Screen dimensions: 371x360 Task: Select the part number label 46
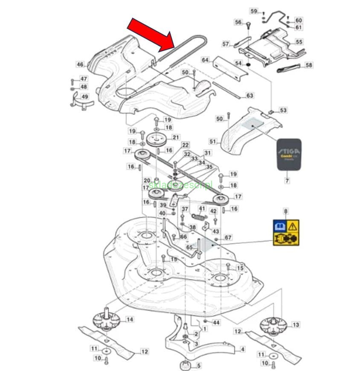[80, 64]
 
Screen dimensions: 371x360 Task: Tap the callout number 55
[299, 42]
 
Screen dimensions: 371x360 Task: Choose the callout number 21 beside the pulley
[175, 137]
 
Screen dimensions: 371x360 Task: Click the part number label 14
[129, 319]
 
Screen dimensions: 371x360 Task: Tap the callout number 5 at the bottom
[199, 365]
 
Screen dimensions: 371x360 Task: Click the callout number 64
[206, 60]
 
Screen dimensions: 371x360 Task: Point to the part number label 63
[250, 95]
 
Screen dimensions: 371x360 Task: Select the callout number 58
[309, 65]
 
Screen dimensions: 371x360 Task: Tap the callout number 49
[85, 97]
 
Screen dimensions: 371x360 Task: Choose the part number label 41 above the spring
[202, 209]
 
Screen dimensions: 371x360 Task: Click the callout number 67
[228, 237]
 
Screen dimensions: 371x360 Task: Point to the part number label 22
[185, 145]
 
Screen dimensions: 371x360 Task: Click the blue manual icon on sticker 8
[280, 226]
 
